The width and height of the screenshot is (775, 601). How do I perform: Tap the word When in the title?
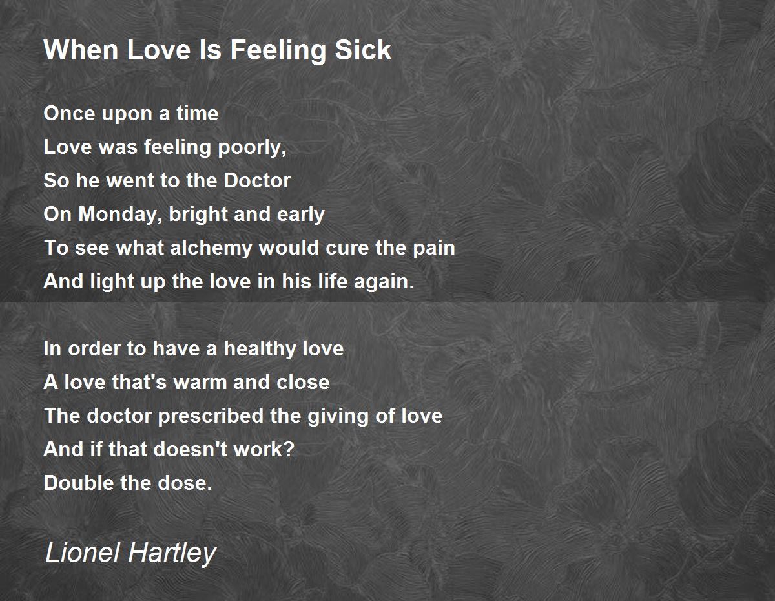pyautogui.click(x=81, y=50)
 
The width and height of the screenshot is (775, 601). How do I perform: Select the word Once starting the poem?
pyautogui.click(x=69, y=114)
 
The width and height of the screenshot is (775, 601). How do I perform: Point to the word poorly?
pyautogui.click(x=252, y=148)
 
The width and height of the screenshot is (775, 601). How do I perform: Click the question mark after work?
pyautogui.click(x=290, y=449)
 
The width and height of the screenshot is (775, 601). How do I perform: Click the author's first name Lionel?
pyautogui.click(x=83, y=553)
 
